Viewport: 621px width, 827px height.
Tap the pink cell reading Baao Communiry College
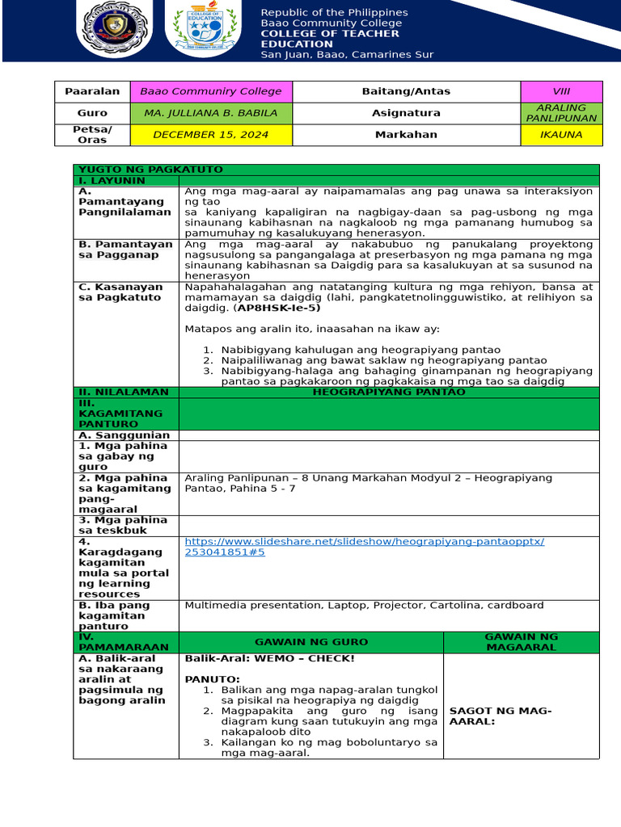[211, 91]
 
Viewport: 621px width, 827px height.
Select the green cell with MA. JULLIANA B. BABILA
[211, 113]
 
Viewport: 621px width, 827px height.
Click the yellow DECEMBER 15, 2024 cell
[211, 135]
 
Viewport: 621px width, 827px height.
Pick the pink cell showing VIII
[561, 91]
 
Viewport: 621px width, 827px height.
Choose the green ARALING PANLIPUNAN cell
[561, 113]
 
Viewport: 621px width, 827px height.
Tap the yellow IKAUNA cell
[561, 135]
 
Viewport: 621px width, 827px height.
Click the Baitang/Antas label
[406, 91]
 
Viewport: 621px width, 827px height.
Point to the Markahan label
[406, 135]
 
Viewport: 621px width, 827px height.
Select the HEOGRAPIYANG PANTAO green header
[389, 392]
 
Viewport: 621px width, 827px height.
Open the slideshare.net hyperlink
[364, 547]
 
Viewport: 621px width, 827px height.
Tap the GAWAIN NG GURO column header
[310, 642]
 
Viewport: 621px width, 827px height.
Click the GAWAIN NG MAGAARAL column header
[521, 642]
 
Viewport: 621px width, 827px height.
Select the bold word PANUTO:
[212, 679]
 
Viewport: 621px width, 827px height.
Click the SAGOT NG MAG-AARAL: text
[500, 716]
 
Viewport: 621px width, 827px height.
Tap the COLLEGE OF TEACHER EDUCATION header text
[329, 39]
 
